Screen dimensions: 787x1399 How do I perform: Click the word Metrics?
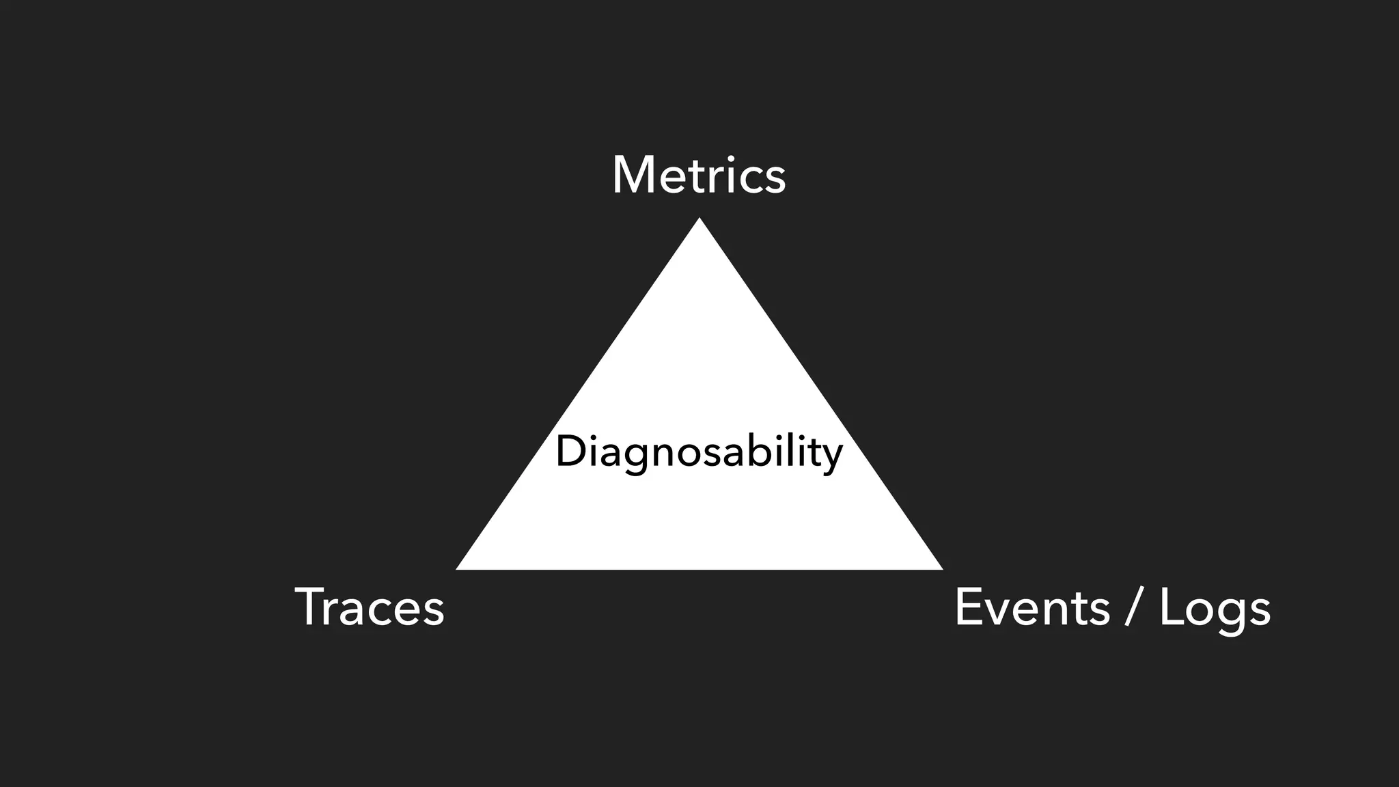[699, 176]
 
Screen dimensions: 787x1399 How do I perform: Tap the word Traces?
[370, 607]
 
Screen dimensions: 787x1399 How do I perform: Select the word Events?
[1031, 607]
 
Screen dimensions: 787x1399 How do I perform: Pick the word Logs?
[1215, 607]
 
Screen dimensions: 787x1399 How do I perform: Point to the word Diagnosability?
[699, 452]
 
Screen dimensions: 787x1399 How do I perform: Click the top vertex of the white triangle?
[699, 220]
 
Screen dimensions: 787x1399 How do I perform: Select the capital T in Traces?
[311, 607]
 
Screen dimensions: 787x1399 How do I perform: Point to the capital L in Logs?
[1174, 607]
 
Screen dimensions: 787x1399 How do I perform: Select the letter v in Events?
[1003, 609]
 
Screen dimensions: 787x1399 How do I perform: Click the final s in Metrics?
[775, 179]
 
